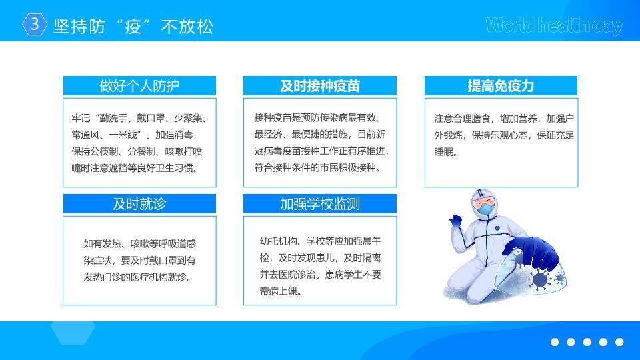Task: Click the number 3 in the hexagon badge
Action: coord(35,24)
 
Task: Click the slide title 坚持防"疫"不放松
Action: coord(133,27)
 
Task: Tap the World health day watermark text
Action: coord(554,25)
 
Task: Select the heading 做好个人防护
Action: coord(139,86)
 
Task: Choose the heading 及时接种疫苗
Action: coord(320,86)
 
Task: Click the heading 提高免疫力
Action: coord(501,86)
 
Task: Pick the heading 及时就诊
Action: coord(139,204)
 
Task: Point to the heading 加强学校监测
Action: coord(320,204)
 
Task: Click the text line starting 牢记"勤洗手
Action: coord(140,119)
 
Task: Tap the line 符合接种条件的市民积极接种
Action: coord(318,168)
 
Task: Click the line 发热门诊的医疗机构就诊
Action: coord(137,277)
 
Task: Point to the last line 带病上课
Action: coord(281,291)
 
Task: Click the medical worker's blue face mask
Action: coord(486,209)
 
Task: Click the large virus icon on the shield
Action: coord(539,280)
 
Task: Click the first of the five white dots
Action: coord(555,342)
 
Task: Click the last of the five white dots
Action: coord(619,342)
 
